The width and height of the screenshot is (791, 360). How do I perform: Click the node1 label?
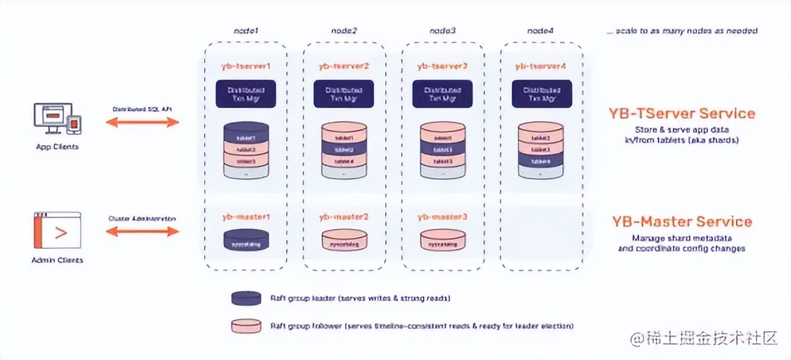pos(246,32)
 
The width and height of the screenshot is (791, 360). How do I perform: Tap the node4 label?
pos(541,32)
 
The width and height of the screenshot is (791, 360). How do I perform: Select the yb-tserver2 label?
pos(344,66)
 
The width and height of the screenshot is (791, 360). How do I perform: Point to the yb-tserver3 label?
pos(442,66)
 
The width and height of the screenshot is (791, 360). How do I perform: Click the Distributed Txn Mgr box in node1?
pos(246,94)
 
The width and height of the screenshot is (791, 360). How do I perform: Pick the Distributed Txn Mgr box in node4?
pos(541,94)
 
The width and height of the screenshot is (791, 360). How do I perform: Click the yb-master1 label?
pos(246,218)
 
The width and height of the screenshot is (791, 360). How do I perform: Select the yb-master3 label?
pos(442,218)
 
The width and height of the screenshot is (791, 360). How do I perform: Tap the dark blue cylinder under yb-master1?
pos(246,240)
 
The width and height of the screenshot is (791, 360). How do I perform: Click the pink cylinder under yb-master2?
pos(344,240)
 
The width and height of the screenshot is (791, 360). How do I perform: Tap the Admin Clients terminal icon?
pos(56,231)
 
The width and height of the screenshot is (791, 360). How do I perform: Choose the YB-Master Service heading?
pos(682,221)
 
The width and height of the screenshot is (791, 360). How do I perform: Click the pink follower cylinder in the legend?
pos(246,326)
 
